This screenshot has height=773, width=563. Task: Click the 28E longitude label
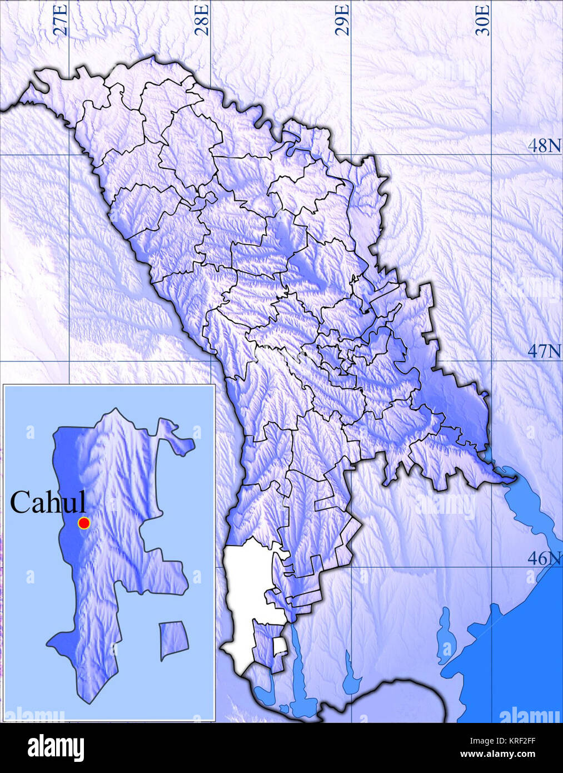[202, 20]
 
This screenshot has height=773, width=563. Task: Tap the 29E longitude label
[343, 20]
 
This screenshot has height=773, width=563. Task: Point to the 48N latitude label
[544, 146]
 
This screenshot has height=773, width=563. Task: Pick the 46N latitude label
[544, 558]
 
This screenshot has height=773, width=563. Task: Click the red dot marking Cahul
[84, 523]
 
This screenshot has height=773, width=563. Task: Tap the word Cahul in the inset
[48, 502]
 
